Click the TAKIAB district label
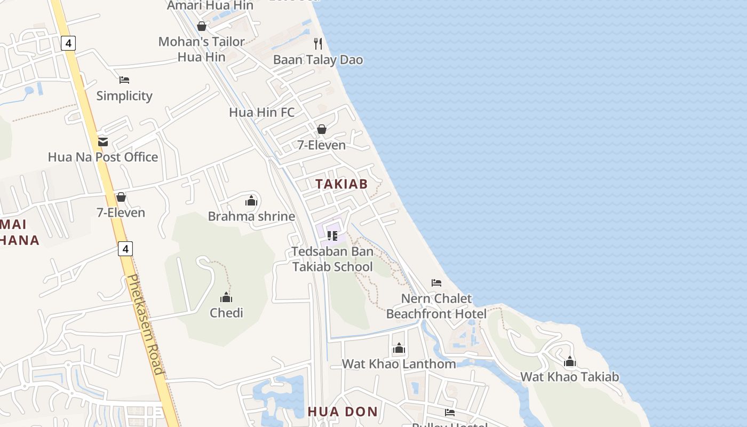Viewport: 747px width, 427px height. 341,184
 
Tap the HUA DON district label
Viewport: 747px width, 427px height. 343,412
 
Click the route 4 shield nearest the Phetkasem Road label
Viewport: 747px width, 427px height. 125,249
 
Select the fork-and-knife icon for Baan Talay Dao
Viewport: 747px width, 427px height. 318,43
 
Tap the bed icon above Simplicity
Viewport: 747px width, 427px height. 124,80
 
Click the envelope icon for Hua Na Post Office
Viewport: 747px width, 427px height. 103,141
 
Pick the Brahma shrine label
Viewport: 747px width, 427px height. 251,216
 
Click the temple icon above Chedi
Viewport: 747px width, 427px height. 226,297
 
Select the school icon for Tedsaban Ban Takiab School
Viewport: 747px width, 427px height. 332,235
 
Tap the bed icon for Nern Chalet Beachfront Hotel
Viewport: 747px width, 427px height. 436,282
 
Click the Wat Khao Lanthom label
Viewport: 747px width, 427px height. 399,364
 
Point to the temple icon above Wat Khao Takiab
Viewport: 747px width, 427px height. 570,362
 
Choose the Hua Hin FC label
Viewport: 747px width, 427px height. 261,113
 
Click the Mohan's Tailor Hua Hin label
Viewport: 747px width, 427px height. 202,49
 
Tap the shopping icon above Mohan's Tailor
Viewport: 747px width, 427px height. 202,26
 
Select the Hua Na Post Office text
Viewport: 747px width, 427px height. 103,157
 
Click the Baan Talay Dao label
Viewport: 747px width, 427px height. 318,60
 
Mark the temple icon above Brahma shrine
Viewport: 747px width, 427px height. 251,201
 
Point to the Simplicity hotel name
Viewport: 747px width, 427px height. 124,96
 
